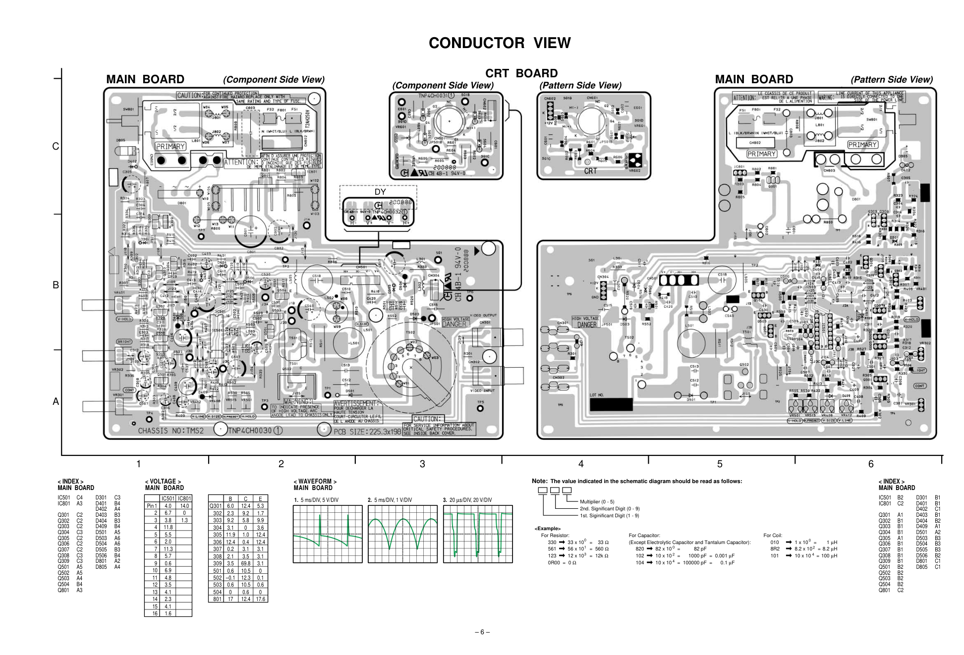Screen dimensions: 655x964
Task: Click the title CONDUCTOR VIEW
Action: [x=500, y=43]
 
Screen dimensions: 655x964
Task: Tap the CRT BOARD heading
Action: [x=521, y=73]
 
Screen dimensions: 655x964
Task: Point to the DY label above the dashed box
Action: [x=380, y=192]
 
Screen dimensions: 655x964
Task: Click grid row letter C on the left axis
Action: [x=56, y=147]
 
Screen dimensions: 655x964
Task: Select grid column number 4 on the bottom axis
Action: [x=581, y=464]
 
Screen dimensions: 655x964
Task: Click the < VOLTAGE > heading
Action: [x=163, y=481]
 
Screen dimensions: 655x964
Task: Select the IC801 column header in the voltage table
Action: [x=183, y=498]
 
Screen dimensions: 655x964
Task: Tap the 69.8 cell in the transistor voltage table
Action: [x=245, y=563]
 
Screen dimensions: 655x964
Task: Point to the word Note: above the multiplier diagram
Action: [x=539, y=481]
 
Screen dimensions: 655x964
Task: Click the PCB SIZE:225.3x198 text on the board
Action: [x=367, y=431]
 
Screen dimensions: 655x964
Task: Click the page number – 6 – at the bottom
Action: [x=482, y=632]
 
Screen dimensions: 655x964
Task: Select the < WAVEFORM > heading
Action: [x=315, y=481]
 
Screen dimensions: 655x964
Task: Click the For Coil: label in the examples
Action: [x=773, y=536]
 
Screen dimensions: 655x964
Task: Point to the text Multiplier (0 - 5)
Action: [x=597, y=502]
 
